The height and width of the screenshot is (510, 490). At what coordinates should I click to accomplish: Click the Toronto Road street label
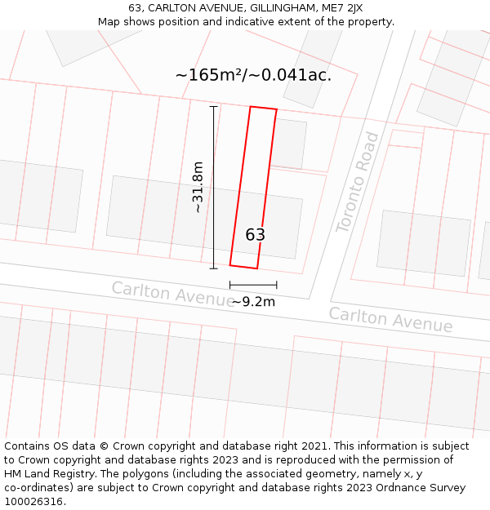(x=359, y=182)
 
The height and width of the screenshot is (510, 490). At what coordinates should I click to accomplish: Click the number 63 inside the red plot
(x=256, y=235)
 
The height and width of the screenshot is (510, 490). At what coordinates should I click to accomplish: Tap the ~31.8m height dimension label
(x=197, y=188)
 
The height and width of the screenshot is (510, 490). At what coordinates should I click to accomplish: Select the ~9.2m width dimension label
(x=253, y=301)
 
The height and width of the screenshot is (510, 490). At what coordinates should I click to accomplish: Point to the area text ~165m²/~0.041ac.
(x=253, y=75)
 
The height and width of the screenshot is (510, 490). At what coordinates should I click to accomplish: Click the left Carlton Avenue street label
(x=172, y=293)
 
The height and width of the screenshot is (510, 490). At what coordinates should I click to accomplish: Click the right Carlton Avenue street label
(x=390, y=319)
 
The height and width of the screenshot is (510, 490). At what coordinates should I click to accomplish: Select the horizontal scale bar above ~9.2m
(x=253, y=285)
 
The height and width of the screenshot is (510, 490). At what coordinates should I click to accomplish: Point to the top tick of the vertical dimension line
(x=214, y=107)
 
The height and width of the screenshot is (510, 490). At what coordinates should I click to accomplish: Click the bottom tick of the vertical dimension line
(x=214, y=268)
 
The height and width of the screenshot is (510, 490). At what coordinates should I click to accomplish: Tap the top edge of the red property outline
(x=263, y=108)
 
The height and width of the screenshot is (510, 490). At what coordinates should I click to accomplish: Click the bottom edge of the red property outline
(x=243, y=266)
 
